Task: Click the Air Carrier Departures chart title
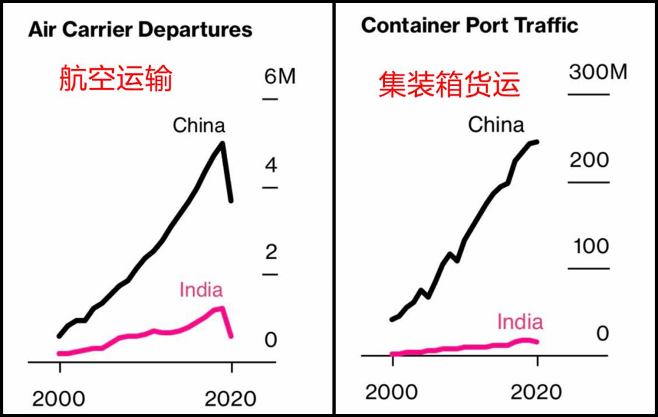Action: pyautogui.click(x=140, y=30)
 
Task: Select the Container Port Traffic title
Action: pyautogui.click(x=469, y=26)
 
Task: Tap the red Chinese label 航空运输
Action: pyautogui.click(x=116, y=79)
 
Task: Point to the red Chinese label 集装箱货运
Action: pyautogui.click(x=449, y=84)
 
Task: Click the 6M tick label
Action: pyautogui.click(x=280, y=77)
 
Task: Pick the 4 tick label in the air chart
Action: pyautogui.click(x=271, y=166)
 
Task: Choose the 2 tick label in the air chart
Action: pyautogui.click(x=271, y=252)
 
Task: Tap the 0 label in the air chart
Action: pyautogui.click(x=271, y=340)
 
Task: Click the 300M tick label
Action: pyautogui.click(x=598, y=72)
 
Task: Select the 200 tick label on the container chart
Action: pyautogui.click(x=589, y=160)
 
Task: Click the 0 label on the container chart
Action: pyautogui.click(x=602, y=333)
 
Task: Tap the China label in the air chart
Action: pyautogui.click(x=199, y=126)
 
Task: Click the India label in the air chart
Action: pyautogui.click(x=200, y=290)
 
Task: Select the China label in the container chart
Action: pyautogui.click(x=495, y=125)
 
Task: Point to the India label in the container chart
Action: pyautogui.click(x=520, y=321)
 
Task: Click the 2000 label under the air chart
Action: pyautogui.click(x=58, y=399)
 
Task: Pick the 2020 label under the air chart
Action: pyautogui.click(x=230, y=399)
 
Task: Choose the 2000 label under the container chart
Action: pyautogui.click(x=391, y=392)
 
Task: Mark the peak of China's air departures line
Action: pyautogui.click(x=222, y=143)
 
